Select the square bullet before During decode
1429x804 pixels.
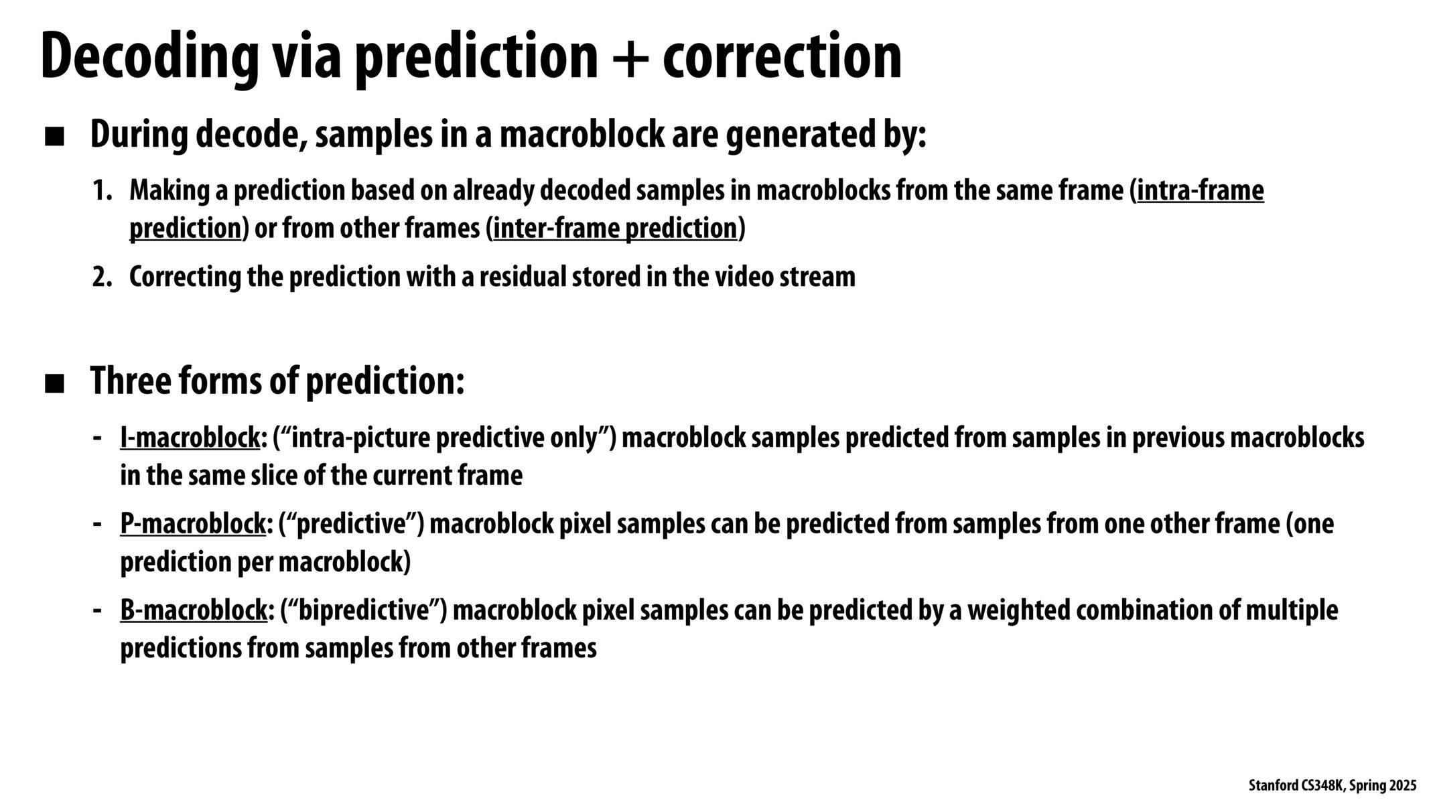[54, 138]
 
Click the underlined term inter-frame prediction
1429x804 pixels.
[615, 229]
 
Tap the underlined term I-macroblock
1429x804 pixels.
[190, 438]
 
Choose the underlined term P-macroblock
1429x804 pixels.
[193, 524]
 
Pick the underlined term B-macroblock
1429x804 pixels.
[194, 610]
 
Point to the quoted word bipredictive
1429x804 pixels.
[363, 610]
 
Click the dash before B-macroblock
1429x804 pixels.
[98, 610]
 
